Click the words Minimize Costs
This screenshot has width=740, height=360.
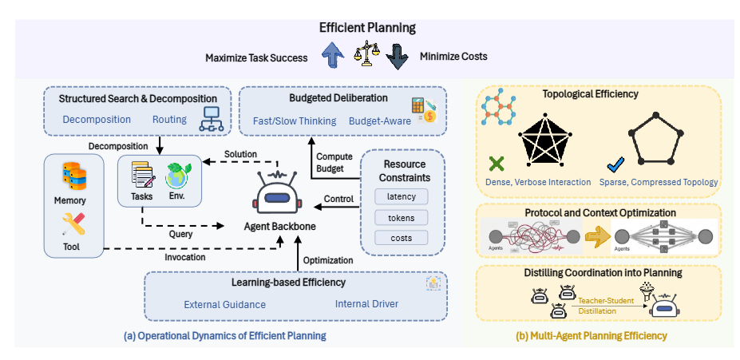[453, 57]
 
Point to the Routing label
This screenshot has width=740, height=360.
[169, 120]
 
